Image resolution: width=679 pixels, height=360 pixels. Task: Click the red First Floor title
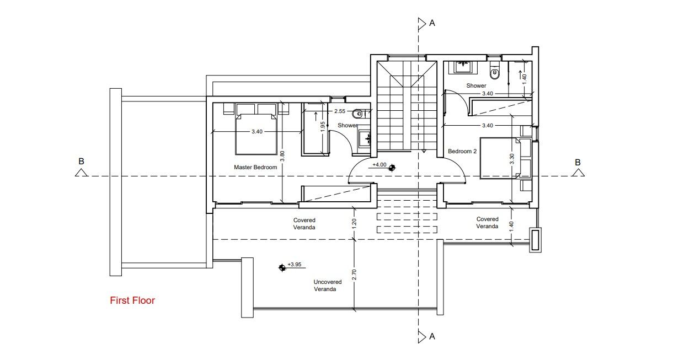tap(132, 300)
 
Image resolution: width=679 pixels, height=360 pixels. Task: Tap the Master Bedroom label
tap(255, 167)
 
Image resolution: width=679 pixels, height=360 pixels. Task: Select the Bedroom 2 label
tap(462, 151)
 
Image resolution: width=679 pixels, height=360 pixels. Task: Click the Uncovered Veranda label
tap(328, 285)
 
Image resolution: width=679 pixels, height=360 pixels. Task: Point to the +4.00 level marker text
tap(379, 164)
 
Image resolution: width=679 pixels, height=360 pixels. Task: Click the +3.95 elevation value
tap(295, 265)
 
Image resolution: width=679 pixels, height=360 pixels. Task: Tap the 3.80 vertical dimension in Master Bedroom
tap(282, 156)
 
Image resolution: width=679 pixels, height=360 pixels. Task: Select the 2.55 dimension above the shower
tap(340, 111)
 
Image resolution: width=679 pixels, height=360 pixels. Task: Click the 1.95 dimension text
tap(323, 126)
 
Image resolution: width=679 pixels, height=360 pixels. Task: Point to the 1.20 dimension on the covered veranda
tap(354, 223)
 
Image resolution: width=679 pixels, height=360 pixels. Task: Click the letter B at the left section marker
tap(81, 162)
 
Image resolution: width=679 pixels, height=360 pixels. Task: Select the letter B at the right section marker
tap(578, 162)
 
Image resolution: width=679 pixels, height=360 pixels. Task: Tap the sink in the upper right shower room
tap(462, 67)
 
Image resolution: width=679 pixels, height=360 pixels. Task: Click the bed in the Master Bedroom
tap(255, 134)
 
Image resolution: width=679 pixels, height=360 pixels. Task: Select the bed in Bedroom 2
tap(499, 159)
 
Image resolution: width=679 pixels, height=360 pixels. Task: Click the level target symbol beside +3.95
tap(282, 267)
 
